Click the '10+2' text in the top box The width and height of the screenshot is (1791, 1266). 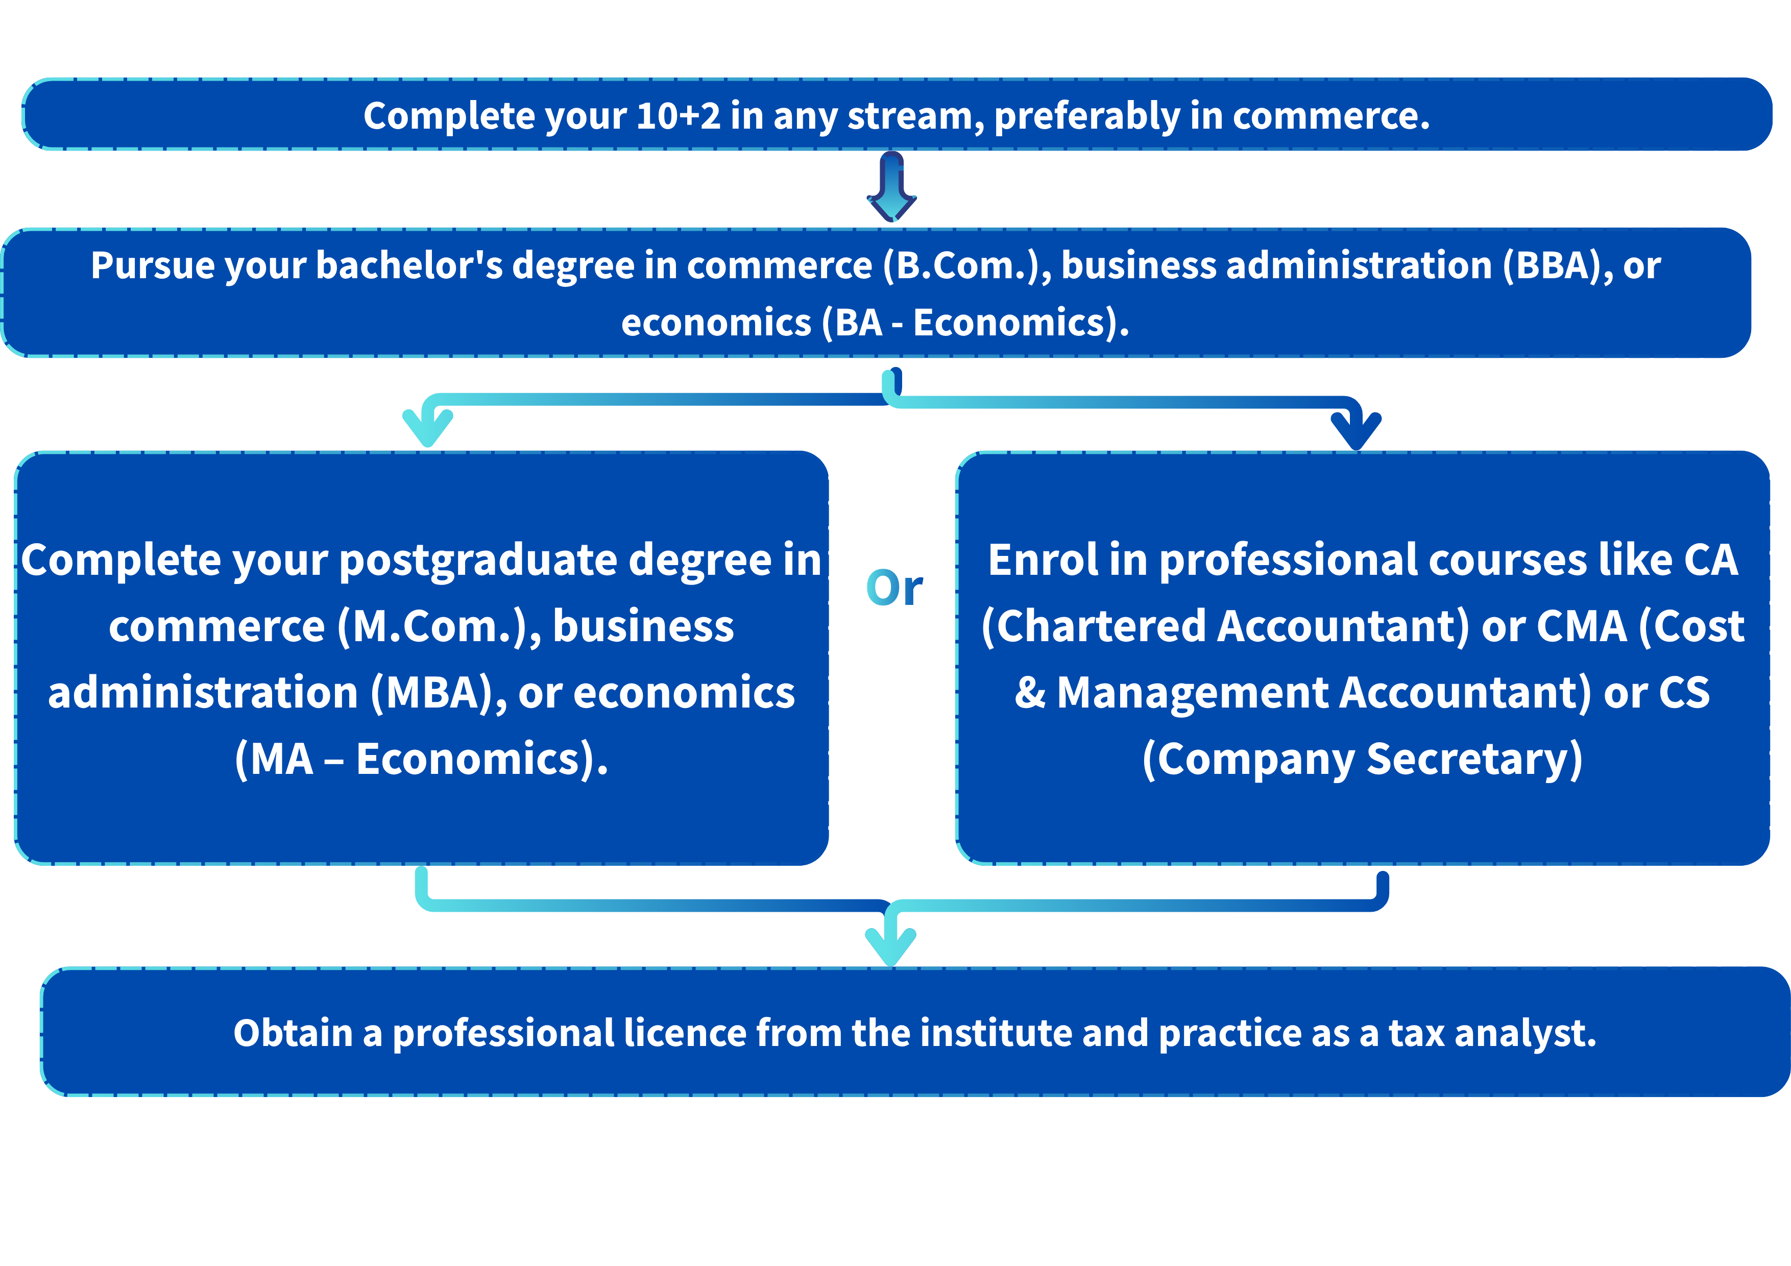point(678,116)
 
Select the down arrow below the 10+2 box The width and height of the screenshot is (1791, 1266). point(891,186)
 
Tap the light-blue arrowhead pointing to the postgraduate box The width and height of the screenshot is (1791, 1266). point(427,427)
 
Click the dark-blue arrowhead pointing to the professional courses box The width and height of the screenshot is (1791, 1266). point(1357,430)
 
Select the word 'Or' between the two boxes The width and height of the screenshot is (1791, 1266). point(894,588)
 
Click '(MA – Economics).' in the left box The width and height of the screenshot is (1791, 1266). point(421,760)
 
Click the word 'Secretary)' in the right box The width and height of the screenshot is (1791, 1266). point(1475,760)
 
